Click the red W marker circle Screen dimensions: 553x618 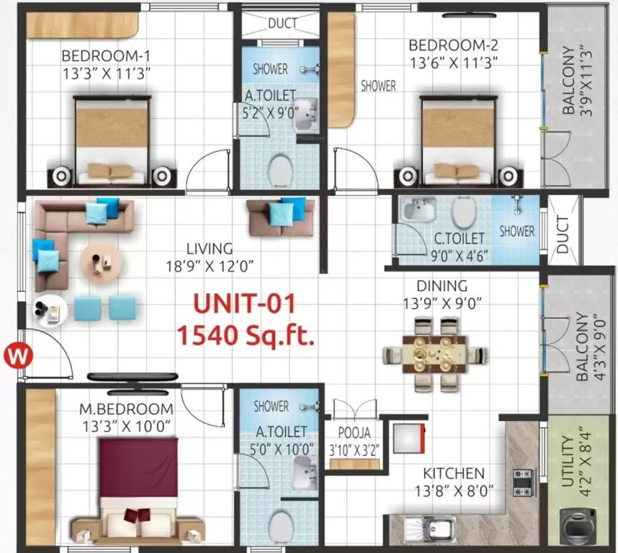[x=15, y=355]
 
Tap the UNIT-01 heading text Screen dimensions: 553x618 [x=243, y=305]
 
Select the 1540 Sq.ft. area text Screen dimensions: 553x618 [x=245, y=335]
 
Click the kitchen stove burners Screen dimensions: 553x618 [x=521, y=480]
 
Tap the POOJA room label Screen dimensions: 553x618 [x=354, y=433]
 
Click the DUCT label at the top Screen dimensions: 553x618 [x=283, y=23]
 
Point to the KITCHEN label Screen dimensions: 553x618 [x=453, y=473]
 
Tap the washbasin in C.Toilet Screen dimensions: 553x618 [x=416, y=210]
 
